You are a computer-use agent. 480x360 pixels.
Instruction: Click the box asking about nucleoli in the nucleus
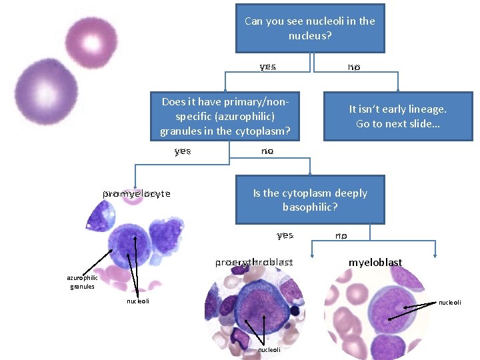310,28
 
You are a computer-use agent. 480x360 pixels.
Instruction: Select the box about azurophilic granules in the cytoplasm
225,116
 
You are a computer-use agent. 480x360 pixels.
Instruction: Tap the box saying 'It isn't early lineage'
398,116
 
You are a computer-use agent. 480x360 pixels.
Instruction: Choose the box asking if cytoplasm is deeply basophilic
310,199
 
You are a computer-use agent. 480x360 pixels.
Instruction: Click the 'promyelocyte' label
137,194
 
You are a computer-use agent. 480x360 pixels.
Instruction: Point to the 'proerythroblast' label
254,263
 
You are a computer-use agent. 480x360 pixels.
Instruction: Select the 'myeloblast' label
375,263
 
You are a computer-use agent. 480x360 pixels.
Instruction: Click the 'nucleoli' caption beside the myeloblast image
449,303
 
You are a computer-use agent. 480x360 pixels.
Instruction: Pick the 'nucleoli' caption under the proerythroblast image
269,349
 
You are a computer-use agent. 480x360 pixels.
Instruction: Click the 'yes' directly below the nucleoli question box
268,67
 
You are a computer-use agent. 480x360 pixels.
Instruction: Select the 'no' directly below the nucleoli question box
353,67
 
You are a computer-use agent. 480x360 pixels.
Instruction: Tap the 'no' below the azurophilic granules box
267,151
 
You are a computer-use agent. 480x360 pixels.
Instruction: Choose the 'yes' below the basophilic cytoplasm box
285,235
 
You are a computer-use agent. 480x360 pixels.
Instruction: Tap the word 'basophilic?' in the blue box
310,207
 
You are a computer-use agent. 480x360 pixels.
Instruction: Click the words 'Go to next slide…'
398,124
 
